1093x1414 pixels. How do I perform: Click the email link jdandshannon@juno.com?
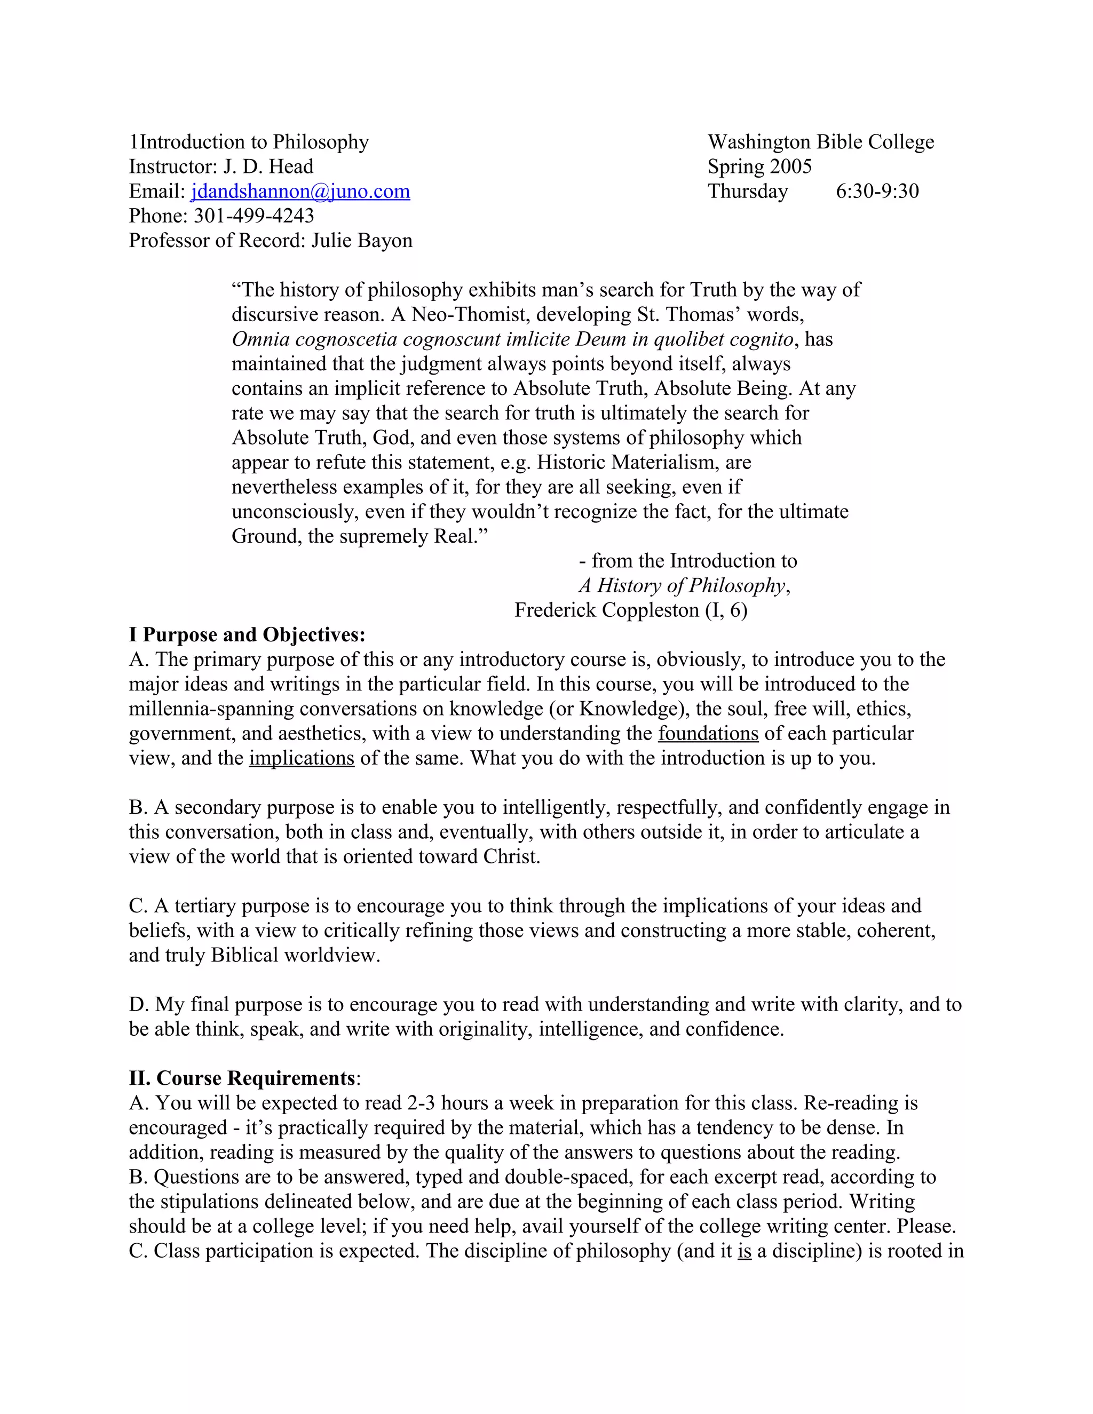click(300, 192)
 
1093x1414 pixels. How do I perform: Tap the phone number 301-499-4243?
click(254, 216)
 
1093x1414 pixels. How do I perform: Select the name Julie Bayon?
click(361, 241)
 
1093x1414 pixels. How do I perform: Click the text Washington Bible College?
click(820, 142)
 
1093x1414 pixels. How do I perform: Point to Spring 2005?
click(759, 167)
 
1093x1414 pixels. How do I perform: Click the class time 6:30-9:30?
click(877, 192)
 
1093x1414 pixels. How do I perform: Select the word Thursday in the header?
click(747, 192)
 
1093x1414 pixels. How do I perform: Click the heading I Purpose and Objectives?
click(247, 635)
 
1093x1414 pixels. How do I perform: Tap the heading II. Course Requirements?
click(242, 1078)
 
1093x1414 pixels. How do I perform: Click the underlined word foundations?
click(708, 734)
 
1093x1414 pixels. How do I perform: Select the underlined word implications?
click(302, 758)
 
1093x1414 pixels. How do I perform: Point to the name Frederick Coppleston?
click(607, 610)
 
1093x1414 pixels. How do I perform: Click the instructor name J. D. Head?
click(268, 167)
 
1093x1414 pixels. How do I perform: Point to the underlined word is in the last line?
click(744, 1251)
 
